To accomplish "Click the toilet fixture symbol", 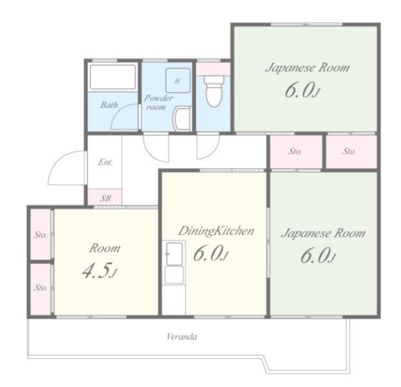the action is [214, 91].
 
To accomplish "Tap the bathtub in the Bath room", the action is [113, 77].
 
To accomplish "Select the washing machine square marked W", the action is [178, 81].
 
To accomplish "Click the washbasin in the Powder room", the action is [182, 119].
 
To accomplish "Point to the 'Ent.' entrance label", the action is [105, 162].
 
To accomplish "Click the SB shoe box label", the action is [105, 198].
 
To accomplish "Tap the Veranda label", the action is [182, 336].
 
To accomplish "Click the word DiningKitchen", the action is [216, 232].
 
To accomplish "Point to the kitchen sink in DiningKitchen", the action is [174, 254].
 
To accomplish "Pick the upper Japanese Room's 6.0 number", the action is [302, 91].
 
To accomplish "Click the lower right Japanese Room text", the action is [323, 234].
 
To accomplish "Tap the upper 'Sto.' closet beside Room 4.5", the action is [41, 235].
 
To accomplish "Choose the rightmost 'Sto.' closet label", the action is [349, 151].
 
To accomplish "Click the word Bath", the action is [109, 105].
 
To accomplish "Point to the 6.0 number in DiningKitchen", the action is [210, 254].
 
